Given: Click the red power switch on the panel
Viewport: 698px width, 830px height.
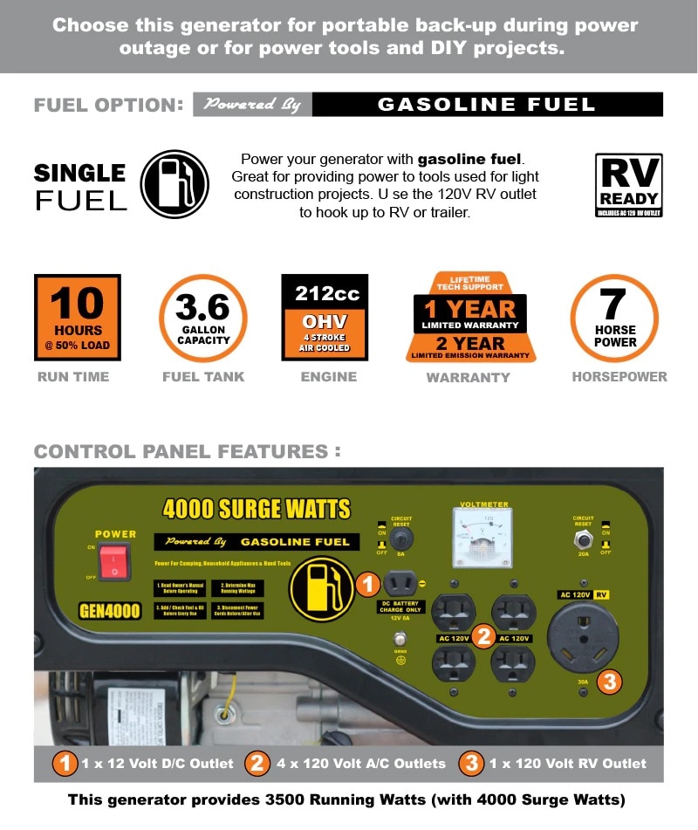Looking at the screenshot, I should point(113,561).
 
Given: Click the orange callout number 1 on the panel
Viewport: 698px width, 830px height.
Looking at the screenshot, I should point(367,584).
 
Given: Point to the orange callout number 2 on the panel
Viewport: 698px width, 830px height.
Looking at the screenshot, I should point(483,636).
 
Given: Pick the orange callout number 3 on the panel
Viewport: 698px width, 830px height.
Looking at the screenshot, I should point(609,681).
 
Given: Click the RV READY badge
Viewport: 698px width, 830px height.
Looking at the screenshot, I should point(628,185).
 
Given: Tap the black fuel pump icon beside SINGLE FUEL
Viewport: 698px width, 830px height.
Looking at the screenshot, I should point(174,184).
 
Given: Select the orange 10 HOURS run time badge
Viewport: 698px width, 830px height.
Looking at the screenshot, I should point(78,318).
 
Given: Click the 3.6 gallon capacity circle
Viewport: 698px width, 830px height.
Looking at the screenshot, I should point(202,318).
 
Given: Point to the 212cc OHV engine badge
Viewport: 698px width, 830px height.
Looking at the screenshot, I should point(325,317).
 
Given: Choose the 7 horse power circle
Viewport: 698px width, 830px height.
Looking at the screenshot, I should point(614,318).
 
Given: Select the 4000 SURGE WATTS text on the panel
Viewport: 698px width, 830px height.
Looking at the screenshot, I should point(257,509).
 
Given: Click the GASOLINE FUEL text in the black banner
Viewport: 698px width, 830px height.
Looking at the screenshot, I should point(486,105).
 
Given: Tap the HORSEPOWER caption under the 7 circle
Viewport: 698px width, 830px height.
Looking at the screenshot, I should point(619,377).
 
